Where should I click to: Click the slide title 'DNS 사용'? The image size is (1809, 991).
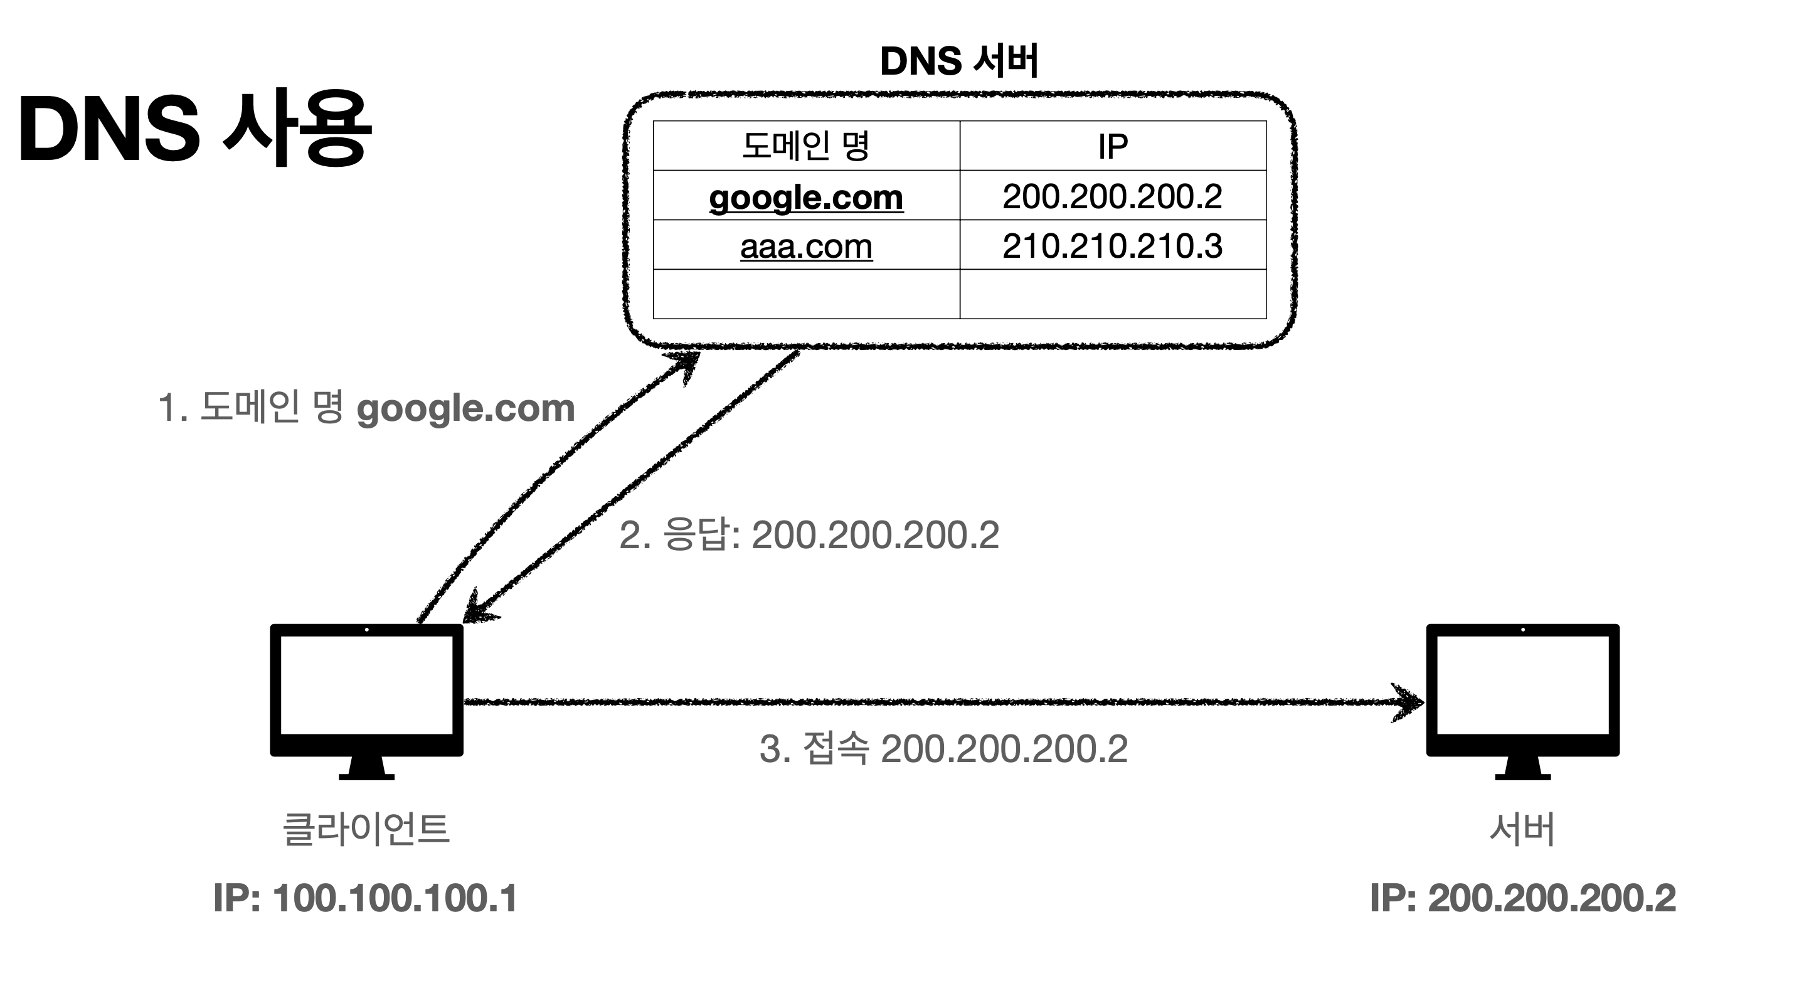click(194, 129)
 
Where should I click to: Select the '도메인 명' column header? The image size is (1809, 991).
click(805, 146)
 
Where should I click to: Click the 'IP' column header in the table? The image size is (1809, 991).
click(1112, 146)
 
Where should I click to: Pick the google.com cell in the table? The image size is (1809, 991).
click(805, 197)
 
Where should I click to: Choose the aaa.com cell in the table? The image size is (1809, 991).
click(805, 246)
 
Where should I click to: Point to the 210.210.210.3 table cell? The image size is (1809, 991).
click(1112, 246)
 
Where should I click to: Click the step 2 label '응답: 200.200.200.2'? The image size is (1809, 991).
click(809, 535)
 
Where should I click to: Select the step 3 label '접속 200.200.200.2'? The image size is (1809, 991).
click(943, 749)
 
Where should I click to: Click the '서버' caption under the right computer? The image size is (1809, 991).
click(1522, 829)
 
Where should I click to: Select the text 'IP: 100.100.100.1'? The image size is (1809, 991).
click(365, 898)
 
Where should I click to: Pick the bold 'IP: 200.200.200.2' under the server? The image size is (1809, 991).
click(1522, 898)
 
